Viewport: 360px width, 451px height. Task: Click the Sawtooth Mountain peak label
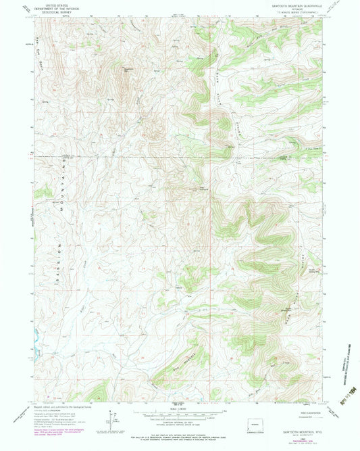127,68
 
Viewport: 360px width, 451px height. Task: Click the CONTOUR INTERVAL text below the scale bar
179,423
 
